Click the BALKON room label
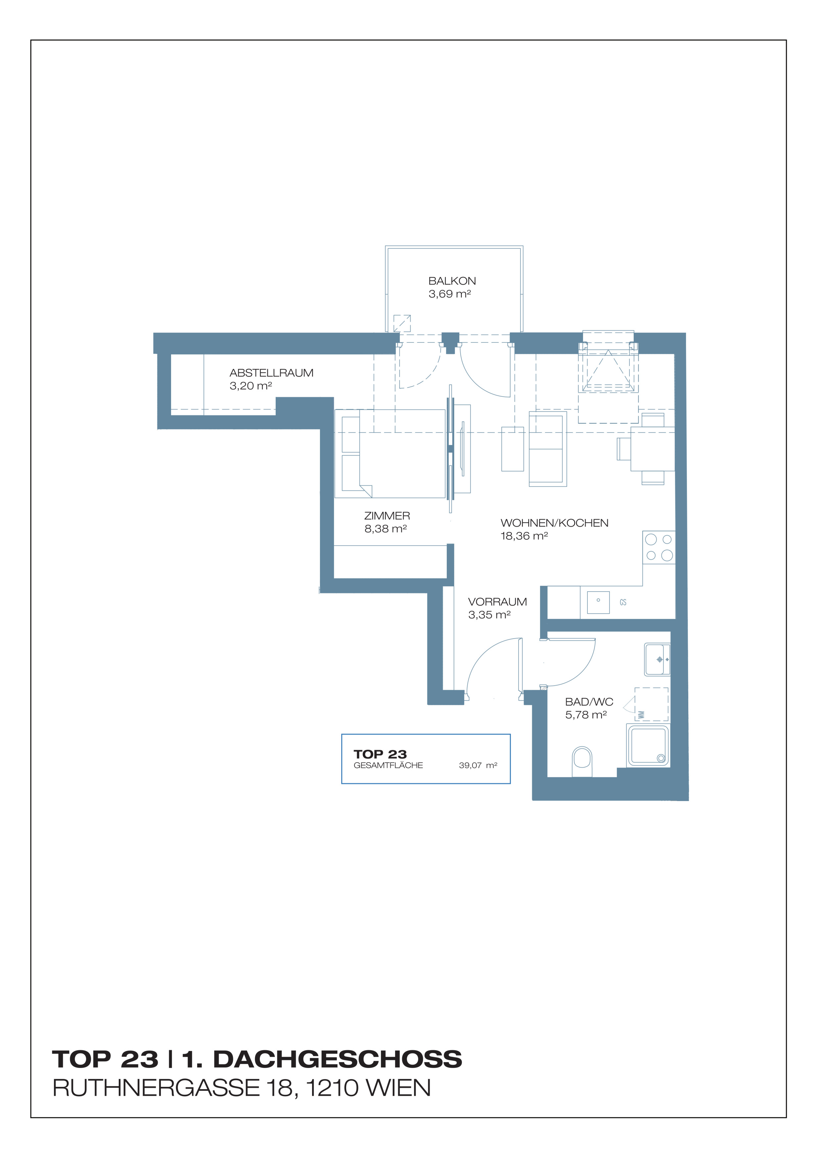(x=452, y=281)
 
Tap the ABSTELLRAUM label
(x=271, y=373)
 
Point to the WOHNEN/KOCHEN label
(x=554, y=523)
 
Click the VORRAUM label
(x=497, y=602)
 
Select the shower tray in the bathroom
(x=648, y=745)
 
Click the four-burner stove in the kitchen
(x=659, y=547)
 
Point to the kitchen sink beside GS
(x=599, y=602)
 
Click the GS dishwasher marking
(x=623, y=602)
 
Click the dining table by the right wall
(x=653, y=449)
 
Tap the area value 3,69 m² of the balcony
(x=450, y=293)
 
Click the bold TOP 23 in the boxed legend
(x=380, y=754)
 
